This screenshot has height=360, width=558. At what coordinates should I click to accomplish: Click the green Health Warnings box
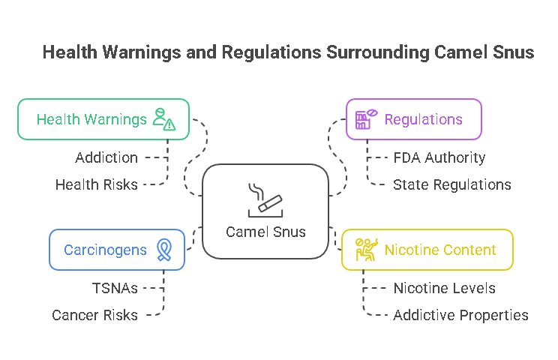point(103,119)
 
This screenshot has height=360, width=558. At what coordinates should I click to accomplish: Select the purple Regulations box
point(413,119)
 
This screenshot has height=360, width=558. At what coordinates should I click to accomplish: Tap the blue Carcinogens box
point(116,250)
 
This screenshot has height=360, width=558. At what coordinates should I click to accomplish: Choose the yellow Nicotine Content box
point(427,250)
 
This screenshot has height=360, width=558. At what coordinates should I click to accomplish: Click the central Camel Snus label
point(265,232)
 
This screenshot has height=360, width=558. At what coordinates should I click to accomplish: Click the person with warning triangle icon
point(163,118)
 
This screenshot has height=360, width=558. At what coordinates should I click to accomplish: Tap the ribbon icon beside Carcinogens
point(163,249)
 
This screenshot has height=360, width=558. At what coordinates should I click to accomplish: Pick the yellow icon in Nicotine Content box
point(365,249)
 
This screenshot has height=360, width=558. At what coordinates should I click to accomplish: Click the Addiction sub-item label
point(106,158)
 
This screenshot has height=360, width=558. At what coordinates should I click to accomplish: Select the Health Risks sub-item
point(97,184)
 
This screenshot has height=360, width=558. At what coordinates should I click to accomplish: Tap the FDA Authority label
point(439,158)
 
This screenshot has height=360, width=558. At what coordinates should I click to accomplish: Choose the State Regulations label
point(451,184)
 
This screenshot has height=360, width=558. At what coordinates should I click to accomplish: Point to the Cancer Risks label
point(94,315)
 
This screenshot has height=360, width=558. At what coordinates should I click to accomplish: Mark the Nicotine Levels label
point(444,288)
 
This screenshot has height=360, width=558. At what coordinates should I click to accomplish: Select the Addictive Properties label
point(460,315)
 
